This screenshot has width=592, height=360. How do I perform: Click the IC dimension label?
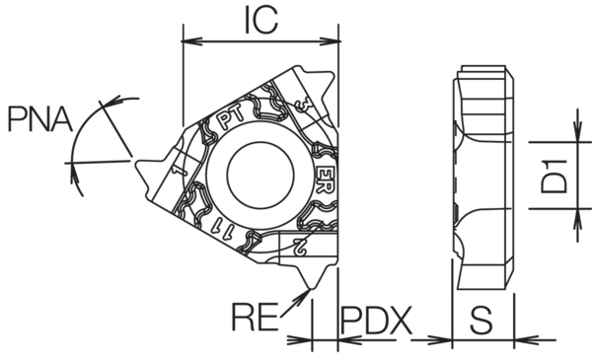point(260,19)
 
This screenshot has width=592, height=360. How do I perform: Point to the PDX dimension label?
point(375,320)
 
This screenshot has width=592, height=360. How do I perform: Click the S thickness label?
point(481,320)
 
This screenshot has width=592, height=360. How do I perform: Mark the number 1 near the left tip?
point(179,174)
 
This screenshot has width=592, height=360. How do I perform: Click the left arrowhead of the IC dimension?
point(189,41)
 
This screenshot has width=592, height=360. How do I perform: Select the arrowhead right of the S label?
point(517,339)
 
